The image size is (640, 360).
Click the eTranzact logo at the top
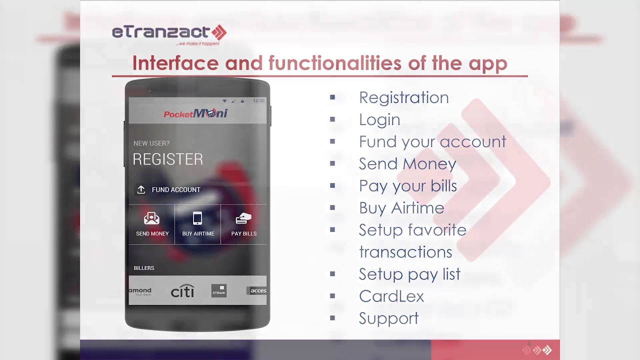tap(169, 33)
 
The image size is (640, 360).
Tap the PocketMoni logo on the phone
tap(195, 114)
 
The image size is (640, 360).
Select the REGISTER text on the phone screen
tap(168, 159)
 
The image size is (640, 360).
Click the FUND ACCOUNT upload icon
tap(141, 189)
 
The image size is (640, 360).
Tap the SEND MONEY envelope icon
tap(151, 218)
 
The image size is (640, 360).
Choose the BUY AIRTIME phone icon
tap(197, 218)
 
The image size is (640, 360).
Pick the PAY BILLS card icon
tap(243, 218)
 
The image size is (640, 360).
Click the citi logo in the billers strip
tap(182, 291)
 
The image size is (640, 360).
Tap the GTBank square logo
tap(219, 291)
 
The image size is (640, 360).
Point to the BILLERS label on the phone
tap(144, 268)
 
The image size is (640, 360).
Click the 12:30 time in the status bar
tap(258, 101)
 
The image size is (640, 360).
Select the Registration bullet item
tap(403, 97)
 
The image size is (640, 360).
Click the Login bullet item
tap(379, 119)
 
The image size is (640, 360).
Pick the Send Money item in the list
tap(407, 164)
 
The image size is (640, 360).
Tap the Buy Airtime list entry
tap(401, 208)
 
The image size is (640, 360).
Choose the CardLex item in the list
tap(391, 296)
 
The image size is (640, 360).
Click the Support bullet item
tap(388, 318)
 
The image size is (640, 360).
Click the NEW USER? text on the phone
tap(151, 143)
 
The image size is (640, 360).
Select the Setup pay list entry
tap(409, 274)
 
